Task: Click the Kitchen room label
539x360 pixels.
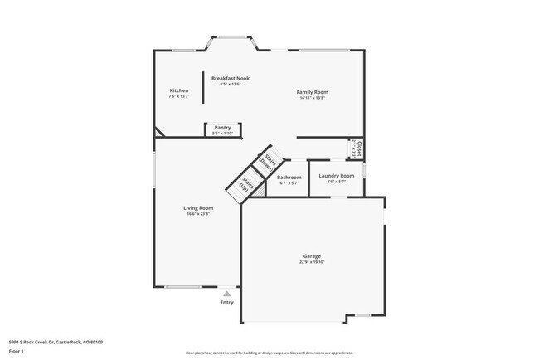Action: [179, 90]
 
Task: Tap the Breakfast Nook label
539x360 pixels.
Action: [230, 78]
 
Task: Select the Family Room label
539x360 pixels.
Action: [313, 92]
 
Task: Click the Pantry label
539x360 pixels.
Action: [222, 128]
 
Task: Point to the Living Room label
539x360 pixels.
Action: [198, 208]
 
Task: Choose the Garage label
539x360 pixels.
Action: [312, 256]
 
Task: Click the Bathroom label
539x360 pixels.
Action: [289, 177]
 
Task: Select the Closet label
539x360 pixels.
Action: [359, 148]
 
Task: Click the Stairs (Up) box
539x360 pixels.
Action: [246, 183]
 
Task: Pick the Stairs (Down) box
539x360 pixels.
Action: [269, 161]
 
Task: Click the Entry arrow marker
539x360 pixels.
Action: [226, 293]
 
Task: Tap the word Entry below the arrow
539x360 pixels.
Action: [226, 302]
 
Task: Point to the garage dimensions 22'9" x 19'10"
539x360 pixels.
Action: [312, 262]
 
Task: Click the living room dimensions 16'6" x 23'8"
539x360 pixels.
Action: [198, 214]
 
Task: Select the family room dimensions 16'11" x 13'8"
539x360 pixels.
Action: [313, 98]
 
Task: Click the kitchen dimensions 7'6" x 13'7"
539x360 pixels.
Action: [179, 96]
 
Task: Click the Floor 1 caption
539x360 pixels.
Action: [17, 351]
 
